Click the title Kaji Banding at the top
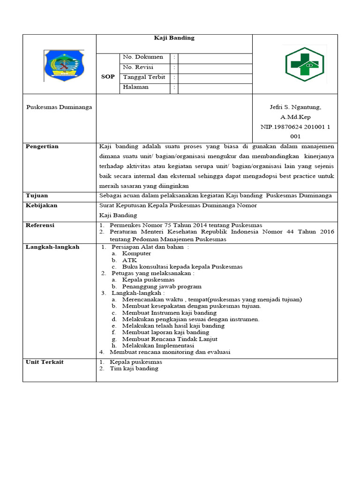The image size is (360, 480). (174, 38)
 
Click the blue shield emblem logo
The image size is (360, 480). (64, 66)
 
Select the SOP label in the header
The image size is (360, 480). (108, 77)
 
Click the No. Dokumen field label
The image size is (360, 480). (143, 57)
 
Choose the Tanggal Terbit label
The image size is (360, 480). (144, 77)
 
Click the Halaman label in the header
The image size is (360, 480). (135, 87)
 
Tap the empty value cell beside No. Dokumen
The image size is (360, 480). (215, 58)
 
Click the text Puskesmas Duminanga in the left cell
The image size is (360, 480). (59, 107)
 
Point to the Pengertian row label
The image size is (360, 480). (42, 147)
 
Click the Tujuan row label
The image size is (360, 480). (37, 195)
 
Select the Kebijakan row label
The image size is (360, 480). (41, 206)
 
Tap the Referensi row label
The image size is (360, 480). (40, 225)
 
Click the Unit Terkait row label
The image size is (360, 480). (45, 362)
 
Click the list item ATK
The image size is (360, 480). (129, 260)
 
